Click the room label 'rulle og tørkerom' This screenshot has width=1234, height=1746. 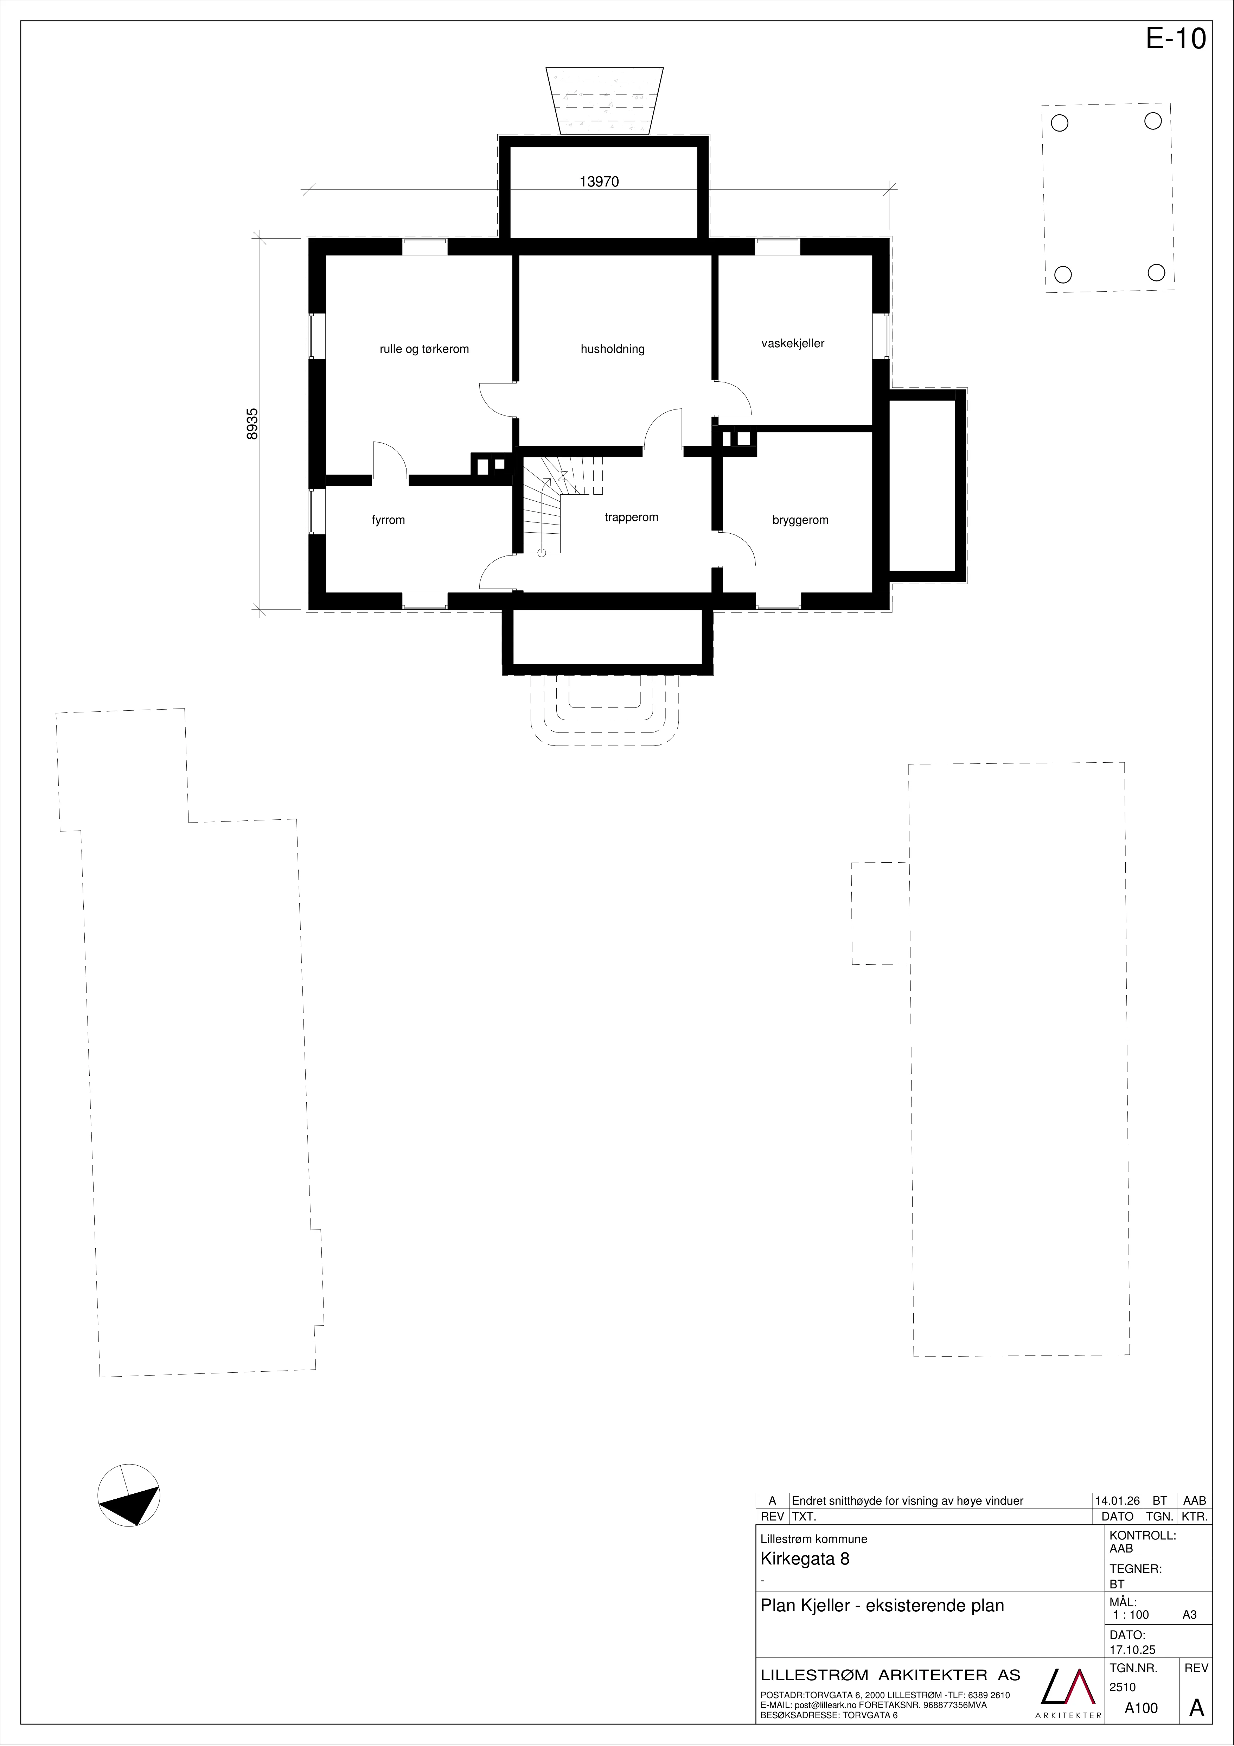click(424, 349)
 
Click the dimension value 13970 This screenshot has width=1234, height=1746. click(599, 182)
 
